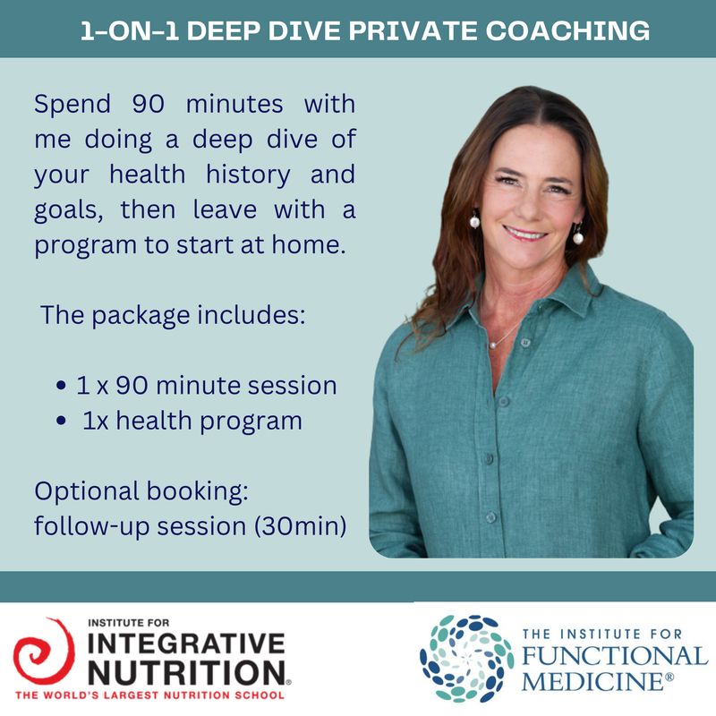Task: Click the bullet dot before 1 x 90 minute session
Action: pos(61,387)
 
